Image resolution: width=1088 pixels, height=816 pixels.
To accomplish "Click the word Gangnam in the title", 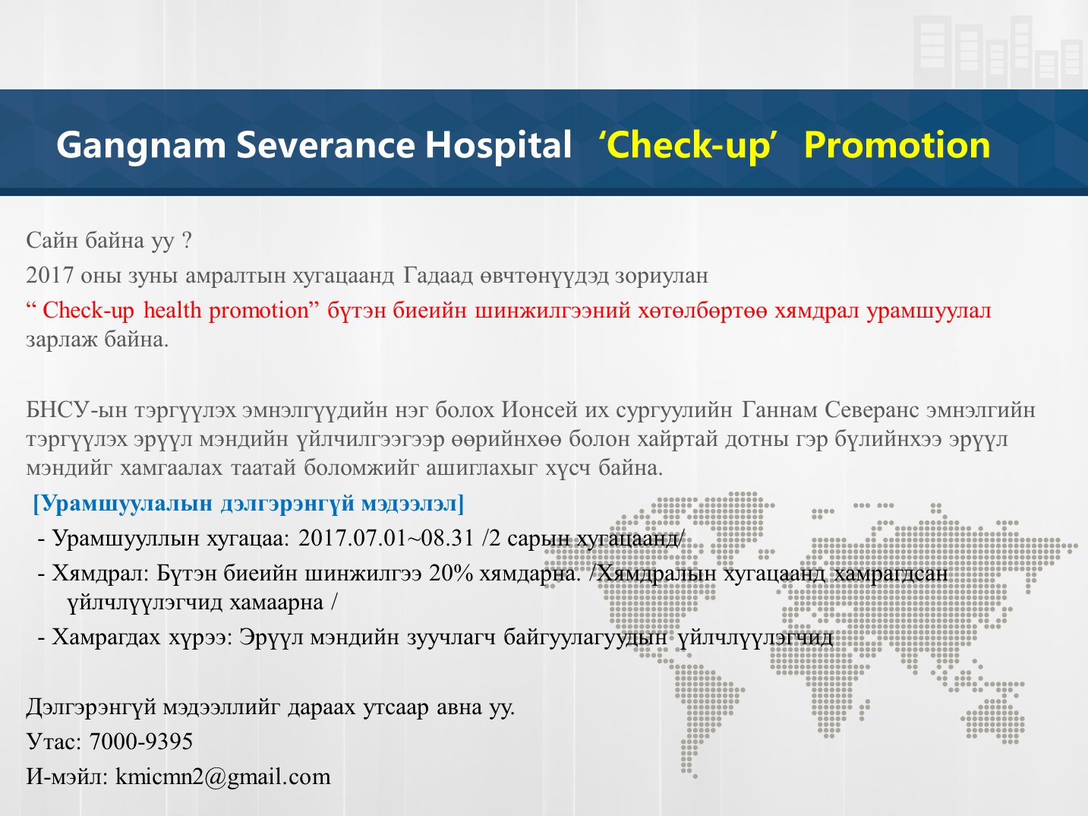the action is coord(141,146).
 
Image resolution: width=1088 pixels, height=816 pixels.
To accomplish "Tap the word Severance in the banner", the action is coord(326,145).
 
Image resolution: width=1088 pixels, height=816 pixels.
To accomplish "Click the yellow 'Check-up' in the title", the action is coord(687,146).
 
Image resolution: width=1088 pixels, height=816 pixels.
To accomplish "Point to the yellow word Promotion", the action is coord(897,145).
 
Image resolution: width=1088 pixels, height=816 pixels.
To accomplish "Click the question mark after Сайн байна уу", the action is coord(186,240).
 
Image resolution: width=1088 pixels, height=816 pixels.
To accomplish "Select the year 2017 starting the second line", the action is coord(49,275).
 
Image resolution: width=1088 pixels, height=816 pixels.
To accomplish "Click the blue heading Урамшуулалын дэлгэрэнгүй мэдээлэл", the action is coord(248,504).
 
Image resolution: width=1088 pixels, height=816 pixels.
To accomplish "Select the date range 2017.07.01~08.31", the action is coord(386,538).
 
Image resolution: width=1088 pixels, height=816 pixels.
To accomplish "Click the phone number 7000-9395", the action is coord(140,741).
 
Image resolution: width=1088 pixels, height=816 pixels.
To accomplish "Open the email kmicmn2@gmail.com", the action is coord(222,776).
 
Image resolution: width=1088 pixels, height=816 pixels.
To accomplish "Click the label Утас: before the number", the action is coord(54,741).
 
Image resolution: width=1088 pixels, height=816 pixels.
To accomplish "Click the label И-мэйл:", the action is coord(67,776).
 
